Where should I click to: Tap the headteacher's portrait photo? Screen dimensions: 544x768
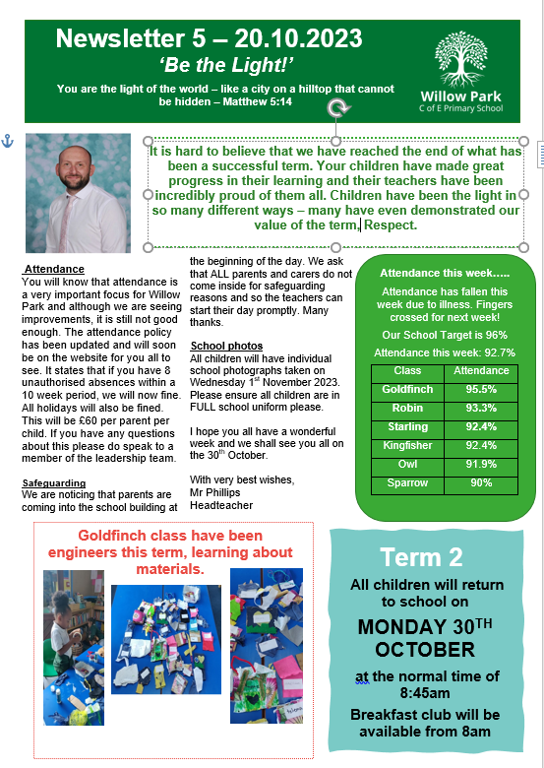(78, 193)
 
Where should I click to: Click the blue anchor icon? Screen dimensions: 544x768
(7, 141)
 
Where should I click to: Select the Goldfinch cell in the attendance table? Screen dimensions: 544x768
(406, 390)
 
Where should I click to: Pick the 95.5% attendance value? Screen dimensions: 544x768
(481, 390)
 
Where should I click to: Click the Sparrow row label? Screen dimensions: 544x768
(406, 482)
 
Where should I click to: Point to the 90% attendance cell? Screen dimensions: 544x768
(481, 482)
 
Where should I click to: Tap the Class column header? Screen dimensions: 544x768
(406, 371)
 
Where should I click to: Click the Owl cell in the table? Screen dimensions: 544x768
(406, 464)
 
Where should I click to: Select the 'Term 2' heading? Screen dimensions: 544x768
(420, 557)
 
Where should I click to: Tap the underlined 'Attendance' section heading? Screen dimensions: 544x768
(54, 269)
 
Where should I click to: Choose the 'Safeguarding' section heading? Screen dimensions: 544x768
(54, 482)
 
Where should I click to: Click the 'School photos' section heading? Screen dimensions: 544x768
(226, 346)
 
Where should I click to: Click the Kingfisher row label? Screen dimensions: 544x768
(406, 445)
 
